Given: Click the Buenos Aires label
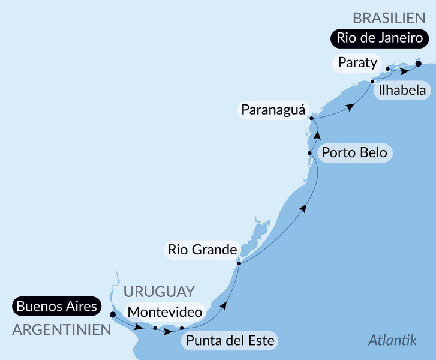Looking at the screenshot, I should tap(56, 306).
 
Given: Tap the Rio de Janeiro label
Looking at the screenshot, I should tap(380, 38).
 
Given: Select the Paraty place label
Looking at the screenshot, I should tap(357, 62).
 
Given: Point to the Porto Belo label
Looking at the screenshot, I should tap(354, 152).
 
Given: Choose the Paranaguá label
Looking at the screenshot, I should tap(273, 110).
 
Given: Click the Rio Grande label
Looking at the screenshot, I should tap(202, 249).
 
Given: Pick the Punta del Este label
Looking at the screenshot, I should tap(230, 341).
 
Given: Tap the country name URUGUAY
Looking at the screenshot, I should tap(159, 292).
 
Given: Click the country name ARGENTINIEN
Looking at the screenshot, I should tap(62, 329).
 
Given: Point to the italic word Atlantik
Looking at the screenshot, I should tap(392, 341).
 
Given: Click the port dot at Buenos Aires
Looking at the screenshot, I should tap(113, 314).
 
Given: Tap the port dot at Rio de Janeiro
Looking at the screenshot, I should tap(418, 63).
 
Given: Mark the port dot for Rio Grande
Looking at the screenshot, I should tap(239, 263).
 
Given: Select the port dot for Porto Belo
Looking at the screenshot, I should tap(309, 153).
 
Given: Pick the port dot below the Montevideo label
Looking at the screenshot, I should tap(155, 328).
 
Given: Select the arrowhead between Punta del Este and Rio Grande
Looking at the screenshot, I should tap(223, 305).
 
